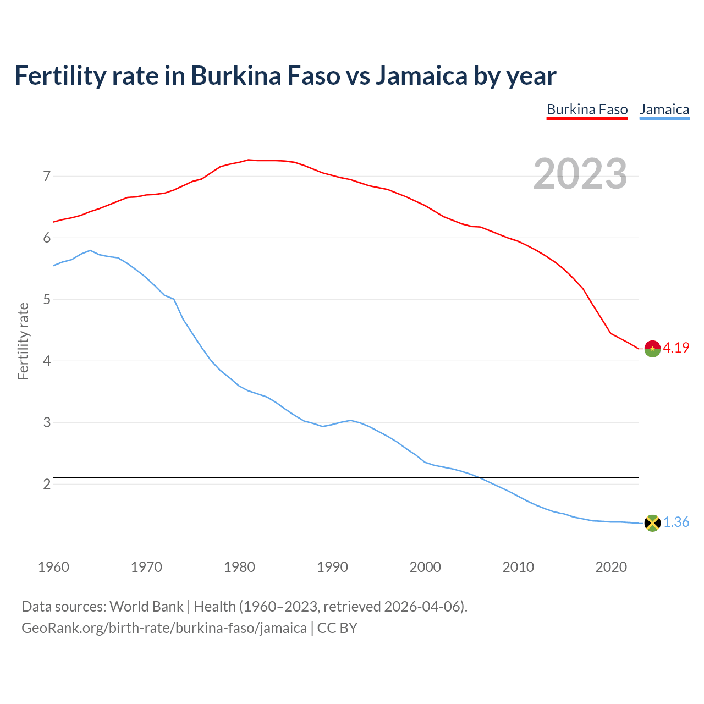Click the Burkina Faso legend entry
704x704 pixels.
click(x=587, y=109)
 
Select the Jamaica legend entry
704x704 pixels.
click(x=664, y=109)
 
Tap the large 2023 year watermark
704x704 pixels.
click(x=580, y=174)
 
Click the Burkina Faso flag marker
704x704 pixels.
click(x=652, y=349)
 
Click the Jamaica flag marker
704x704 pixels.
click(x=652, y=523)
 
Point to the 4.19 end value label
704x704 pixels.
click(x=676, y=348)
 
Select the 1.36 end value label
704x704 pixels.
click(x=676, y=522)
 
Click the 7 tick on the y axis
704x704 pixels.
click(x=47, y=177)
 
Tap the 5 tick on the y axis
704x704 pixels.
click(x=47, y=300)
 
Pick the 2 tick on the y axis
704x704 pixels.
click(x=47, y=485)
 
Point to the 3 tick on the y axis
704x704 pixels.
click(x=47, y=423)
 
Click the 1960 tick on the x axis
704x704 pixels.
click(x=53, y=567)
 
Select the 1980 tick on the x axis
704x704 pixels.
click(x=239, y=567)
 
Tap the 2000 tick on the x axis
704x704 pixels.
click(x=425, y=567)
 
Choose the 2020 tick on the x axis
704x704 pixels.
click(x=611, y=567)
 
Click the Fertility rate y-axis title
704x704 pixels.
click(x=23, y=341)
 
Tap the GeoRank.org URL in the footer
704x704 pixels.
click(x=164, y=628)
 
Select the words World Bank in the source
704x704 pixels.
click(x=146, y=607)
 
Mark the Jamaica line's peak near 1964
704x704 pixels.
click(x=90, y=250)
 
